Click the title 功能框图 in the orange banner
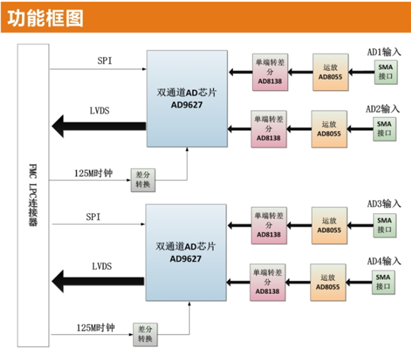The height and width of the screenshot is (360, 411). [x=45, y=18]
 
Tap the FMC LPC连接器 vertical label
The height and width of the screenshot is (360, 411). [x=33, y=195]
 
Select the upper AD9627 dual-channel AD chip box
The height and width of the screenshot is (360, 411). [x=187, y=99]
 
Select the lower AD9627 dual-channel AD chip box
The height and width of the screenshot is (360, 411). [x=186, y=252]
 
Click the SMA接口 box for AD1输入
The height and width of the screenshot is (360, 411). [x=385, y=72]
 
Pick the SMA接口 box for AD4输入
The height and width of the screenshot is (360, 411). [x=383, y=282]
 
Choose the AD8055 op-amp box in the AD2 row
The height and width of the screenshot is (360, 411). [x=329, y=129]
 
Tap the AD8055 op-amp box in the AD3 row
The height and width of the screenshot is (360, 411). [x=330, y=226]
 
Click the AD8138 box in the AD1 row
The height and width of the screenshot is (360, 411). [x=270, y=72]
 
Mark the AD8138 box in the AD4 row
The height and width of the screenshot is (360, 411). [x=267, y=282]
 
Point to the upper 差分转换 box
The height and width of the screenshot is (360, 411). [x=143, y=180]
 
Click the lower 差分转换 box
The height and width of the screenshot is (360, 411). [x=145, y=334]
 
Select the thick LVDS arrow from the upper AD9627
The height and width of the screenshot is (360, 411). [x=99, y=126]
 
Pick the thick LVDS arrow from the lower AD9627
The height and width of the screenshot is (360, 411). [x=98, y=282]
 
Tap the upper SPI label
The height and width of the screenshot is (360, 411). [x=105, y=61]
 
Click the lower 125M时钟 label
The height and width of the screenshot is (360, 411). [x=96, y=328]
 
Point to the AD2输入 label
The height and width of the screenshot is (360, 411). [x=382, y=109]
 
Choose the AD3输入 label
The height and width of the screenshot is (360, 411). [x=384, y=204]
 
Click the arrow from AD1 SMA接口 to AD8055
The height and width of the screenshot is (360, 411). [x=361, y=72]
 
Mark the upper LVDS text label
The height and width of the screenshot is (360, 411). [x=100, y=111]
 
